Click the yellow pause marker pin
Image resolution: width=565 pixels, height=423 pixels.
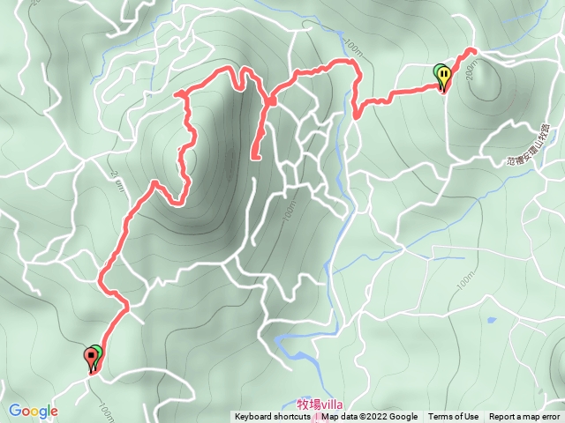pyautogui.click(x=445, y=77)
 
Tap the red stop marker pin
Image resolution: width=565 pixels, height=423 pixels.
pyautogui.click(x=90, y=358)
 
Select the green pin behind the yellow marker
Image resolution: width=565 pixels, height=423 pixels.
pyautogui.click(x=439, y=72)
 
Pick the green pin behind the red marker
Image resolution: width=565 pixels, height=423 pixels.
pyautogui.click(x=96, y=352)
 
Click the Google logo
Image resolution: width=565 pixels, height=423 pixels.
pyautogui.click(x=34, y=411)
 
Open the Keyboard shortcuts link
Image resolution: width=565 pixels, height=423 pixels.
pyautogui.click(x=275, y=417)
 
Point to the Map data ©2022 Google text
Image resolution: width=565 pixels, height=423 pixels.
pyautogui.click(x=370, y=417)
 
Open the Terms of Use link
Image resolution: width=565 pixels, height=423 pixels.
pyautogui.click(x=454, y=417)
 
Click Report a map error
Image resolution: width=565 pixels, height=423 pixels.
pyautogui.click(x=524, y=417)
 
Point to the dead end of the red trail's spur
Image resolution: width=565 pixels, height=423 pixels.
pyautogui.click(x=255, y=158)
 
